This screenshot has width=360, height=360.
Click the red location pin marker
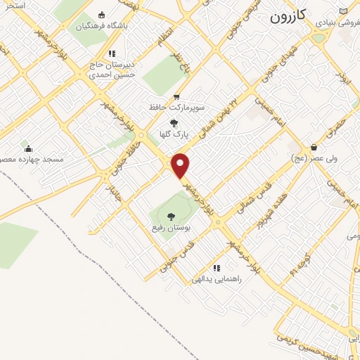pyautogui.click(x=181, y=166)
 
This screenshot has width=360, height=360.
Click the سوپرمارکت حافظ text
pyautogui.click(x=176, y=108)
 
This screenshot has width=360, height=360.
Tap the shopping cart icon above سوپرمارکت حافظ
pyautogui.click(x=176, y=98)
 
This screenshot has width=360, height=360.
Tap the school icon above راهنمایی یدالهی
pyautogui.click(x=217, y=267)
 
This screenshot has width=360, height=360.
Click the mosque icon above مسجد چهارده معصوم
pyautogui.click(x=28, y=148)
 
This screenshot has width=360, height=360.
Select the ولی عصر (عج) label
pyautogui.click(x=314, y=158)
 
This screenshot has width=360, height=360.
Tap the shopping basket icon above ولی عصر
pyautogui.click(x=314, y=147)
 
